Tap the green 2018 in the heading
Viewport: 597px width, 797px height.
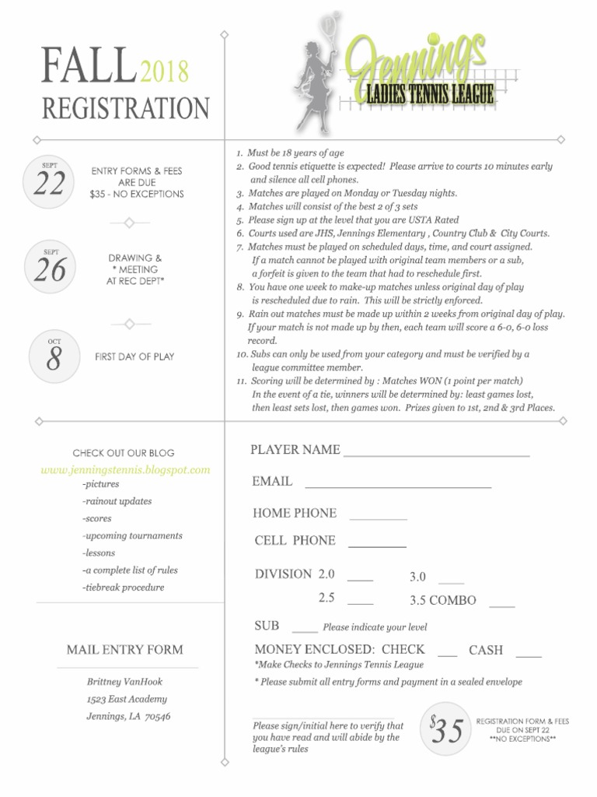tap(165, 71)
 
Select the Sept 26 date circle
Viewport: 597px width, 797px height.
tap(50, 267)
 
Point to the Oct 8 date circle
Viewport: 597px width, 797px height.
tap(54, 356)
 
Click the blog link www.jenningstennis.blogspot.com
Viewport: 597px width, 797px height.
tap(125, 470)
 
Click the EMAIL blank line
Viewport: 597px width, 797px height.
tap(398, 487)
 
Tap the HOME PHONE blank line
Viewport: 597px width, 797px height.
tap(378, 518)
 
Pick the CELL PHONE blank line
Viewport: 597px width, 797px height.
tap(377, 546)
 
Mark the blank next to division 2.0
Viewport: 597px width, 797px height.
tap(360, 581)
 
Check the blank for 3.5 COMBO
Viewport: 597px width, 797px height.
tap(502, 606)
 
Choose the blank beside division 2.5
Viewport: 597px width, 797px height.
tap(360, 605)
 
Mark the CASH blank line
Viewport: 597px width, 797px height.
tap(529, 656)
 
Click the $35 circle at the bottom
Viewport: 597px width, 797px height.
tap(445, 729)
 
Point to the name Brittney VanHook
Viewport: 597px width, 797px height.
tap(124, 682)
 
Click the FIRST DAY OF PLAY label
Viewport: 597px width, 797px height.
tap(134, 356)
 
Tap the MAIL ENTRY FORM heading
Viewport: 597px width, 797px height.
tap(125, 650)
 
